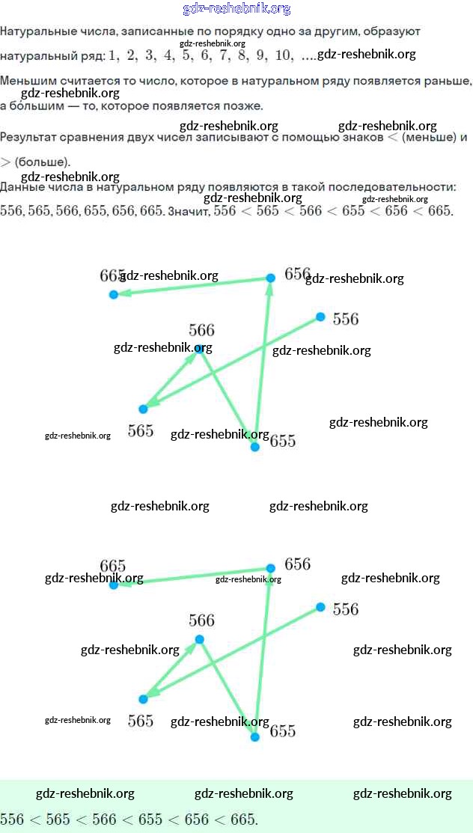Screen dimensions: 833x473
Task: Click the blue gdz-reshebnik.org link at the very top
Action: (x=236, y=9)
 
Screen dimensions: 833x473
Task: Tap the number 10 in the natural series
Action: (x=284, y=55)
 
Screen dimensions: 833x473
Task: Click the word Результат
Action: (x=28, y=138)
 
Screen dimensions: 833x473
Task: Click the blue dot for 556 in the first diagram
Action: (x=320, y=317)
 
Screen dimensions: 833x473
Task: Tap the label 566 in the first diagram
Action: (x=201, y=330)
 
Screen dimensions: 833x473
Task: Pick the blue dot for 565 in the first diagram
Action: (x=143, y=409)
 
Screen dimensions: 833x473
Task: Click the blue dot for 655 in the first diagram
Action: (x=254, y=447)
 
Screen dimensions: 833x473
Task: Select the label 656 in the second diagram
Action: (x=297, y=564)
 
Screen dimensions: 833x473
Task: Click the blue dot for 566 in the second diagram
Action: (x=199, y=639)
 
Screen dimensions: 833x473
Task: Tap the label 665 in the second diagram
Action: (x=112, y=566)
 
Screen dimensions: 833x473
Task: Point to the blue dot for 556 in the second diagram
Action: (x=320, y=607)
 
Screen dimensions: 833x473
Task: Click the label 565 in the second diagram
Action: (x=141, y=721)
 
